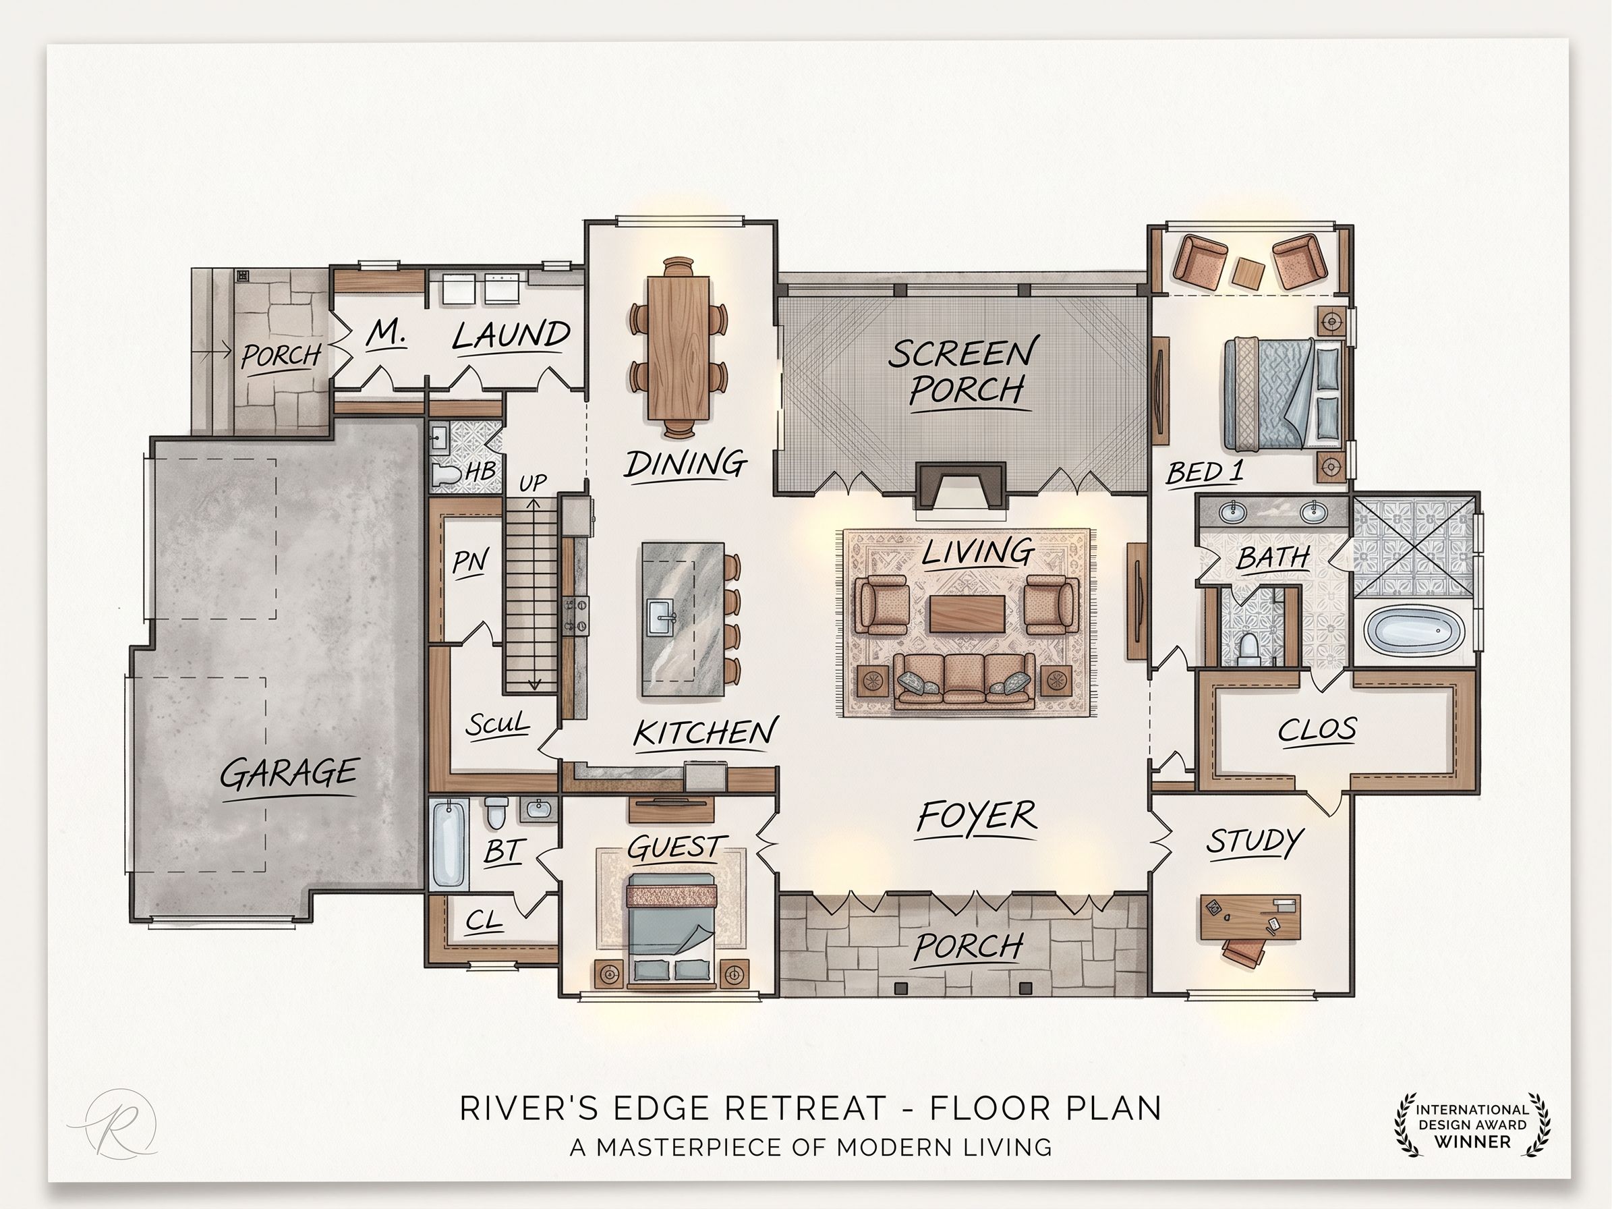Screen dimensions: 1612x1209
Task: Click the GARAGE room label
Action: click(x=289, y=773)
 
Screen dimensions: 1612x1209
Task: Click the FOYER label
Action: click(x=977, y=816)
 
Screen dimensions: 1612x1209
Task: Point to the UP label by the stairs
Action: click(x=533, y=483)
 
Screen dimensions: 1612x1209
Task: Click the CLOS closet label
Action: click(x=1317, y=729)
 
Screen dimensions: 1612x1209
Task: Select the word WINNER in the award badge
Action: click(x=1472, y=1142)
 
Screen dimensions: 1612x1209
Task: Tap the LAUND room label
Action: click(x=511, y=336)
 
